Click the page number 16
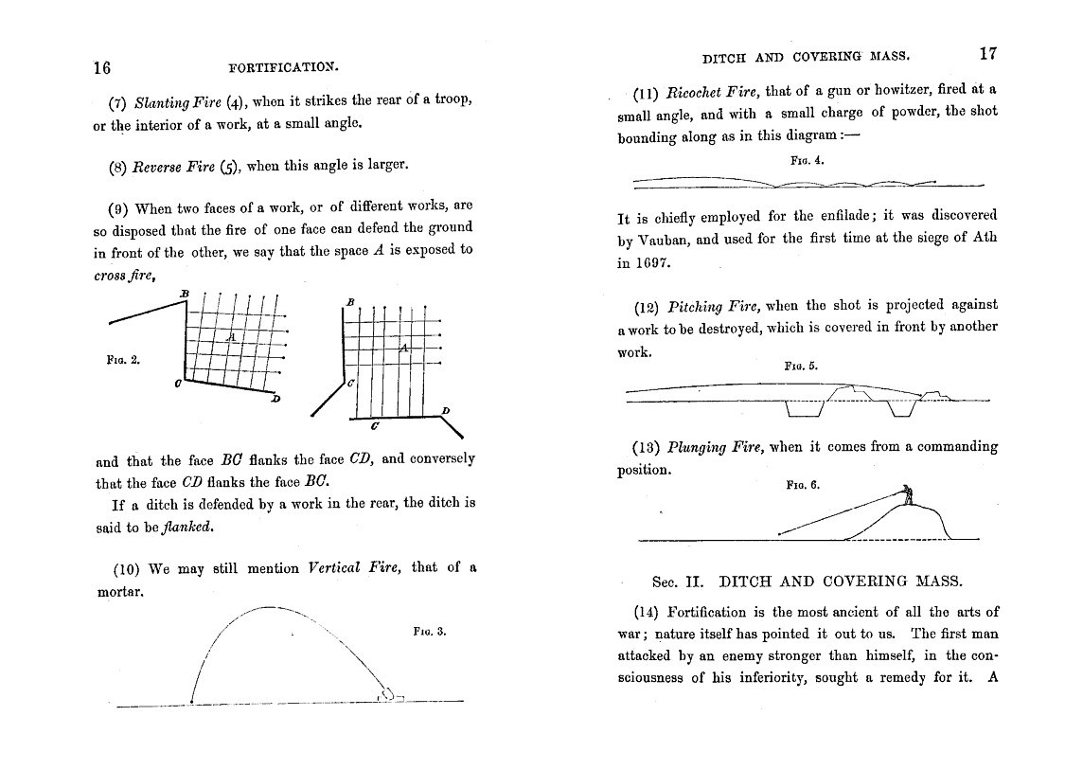[102, 67]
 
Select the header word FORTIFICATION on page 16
[284, 67]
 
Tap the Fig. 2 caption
[123, 359]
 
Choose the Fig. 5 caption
[802, 365]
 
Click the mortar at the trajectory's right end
[391, 694]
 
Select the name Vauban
[667, 240]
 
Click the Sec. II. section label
[679, 581]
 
